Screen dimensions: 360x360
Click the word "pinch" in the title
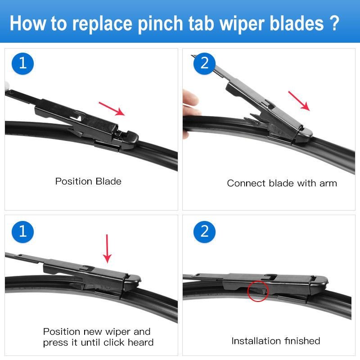pos(161,24)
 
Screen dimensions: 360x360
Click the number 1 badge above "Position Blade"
pos(22,63)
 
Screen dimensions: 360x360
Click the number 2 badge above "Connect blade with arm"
pos(204,63)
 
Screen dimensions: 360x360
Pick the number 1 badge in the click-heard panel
pos(22,232)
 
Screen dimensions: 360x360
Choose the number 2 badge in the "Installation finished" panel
pos(204,232)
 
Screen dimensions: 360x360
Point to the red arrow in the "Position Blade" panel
pos(112,109)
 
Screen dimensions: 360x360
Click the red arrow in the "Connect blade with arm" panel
pos(299,101)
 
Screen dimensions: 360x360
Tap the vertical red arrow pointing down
pos(107,249)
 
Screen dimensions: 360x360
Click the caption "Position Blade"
pos(88,181)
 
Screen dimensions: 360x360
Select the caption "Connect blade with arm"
pos(282,183)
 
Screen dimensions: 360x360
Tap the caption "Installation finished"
pos(276,341)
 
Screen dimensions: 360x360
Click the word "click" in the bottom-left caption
pos(114,342)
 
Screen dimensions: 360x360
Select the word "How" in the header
pos(28,23)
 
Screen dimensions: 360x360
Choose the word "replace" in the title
pos(102,24)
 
